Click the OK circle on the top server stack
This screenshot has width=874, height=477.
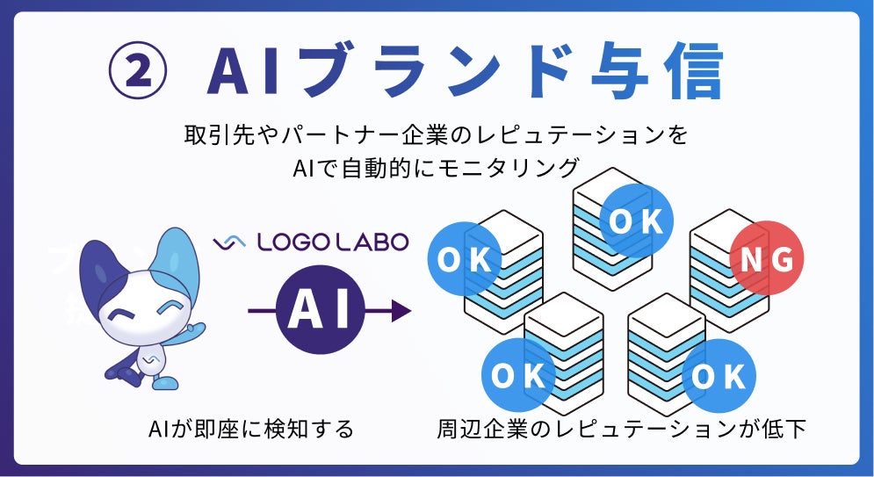pos(637,220)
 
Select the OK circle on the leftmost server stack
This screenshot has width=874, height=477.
pos(465,259)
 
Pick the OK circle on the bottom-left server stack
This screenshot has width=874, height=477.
pos(518,376)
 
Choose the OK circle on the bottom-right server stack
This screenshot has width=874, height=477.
pos(719,376)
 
